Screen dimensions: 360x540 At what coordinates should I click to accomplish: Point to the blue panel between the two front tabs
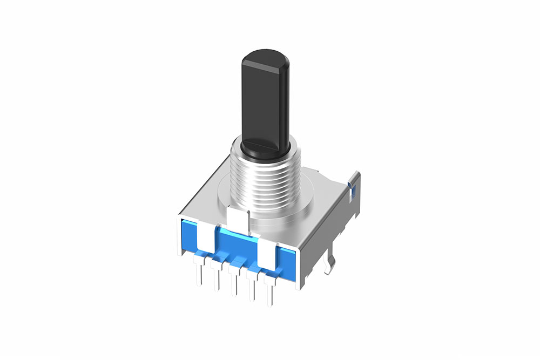click(x=238, y=240)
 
